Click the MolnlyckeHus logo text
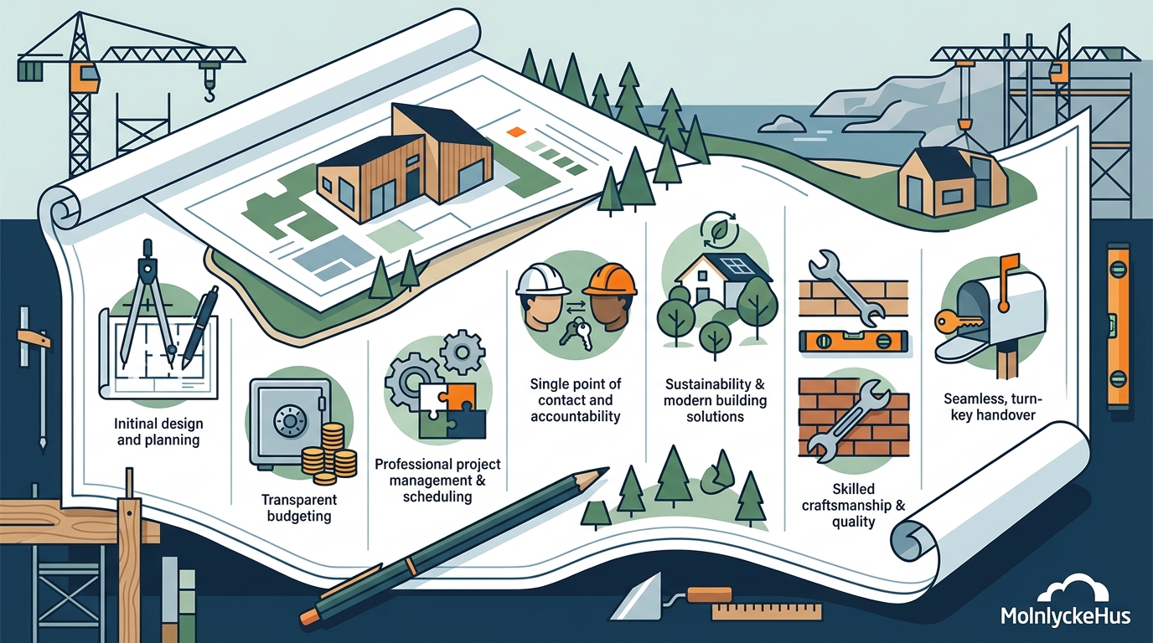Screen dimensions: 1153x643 [1066, 616]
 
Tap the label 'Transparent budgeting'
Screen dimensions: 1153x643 [299, 507]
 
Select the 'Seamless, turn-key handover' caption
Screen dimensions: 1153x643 [993, 406]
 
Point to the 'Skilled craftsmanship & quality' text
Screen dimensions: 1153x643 [853, 505]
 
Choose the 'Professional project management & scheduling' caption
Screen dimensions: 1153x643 [437, 481]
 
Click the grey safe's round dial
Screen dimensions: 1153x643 [289, 421]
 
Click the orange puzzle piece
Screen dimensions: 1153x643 [458, 399]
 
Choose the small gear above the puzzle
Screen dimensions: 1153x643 [463, 352]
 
